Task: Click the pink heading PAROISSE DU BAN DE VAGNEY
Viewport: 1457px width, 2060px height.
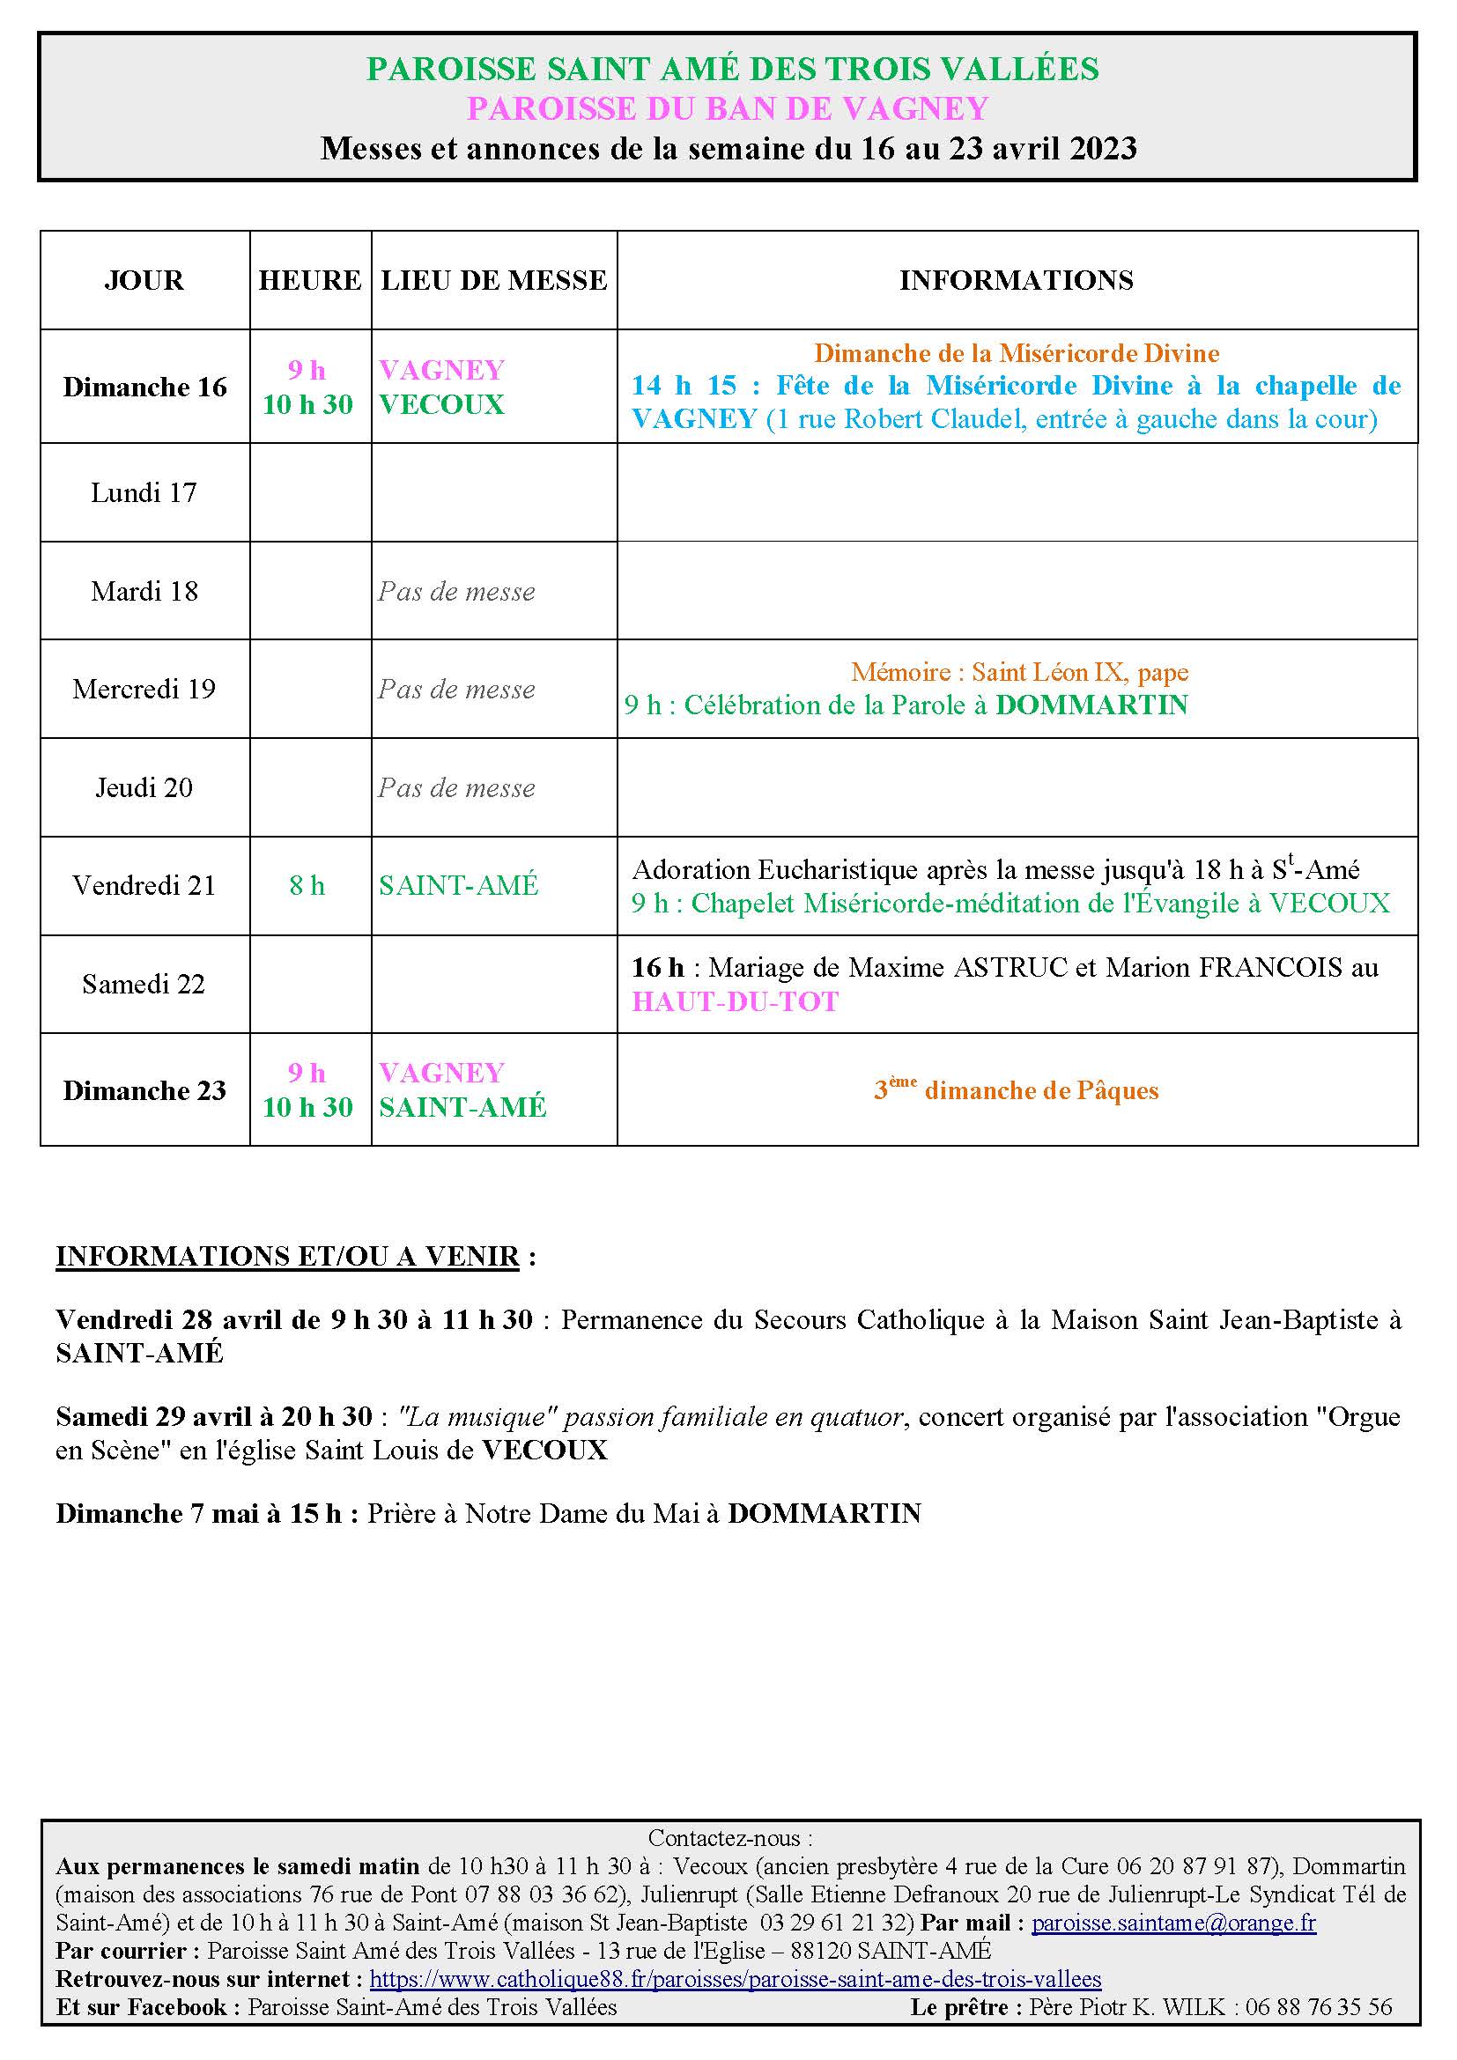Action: click(x=728, y=108)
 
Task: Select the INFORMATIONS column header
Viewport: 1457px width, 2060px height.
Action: click(x=1017, y=280)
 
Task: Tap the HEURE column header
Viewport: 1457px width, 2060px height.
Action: click(x=310, y=280)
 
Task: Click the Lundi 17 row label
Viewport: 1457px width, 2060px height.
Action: click(x=144, y=492)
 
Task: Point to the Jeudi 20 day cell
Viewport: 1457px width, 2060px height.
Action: click(x=144, y=787)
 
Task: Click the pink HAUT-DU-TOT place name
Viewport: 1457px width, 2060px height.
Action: click(x=735, y=1001)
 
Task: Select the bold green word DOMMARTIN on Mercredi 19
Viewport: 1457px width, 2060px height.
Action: click(x=1091, y=705)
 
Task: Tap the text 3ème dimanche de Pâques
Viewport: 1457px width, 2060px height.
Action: click(x=1017, y=1090)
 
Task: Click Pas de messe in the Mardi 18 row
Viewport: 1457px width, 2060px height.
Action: click(x=456, y=591)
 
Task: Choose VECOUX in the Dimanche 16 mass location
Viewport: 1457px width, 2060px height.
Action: click(x=441, y=404)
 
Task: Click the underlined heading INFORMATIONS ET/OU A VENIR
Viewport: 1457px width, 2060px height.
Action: click(x=287, y=1256)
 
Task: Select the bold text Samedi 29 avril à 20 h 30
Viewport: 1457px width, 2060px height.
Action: click(x=213, y=1417)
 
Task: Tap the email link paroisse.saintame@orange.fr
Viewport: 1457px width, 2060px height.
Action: click(x=1173, y=1923)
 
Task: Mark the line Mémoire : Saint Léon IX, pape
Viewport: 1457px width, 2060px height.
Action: click(x=1019, y=672)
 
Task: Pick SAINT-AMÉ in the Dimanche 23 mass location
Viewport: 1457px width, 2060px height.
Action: click(x=462, y=1107)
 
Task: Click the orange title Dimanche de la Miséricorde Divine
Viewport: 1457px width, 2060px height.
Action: click(x=1017, y=353)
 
